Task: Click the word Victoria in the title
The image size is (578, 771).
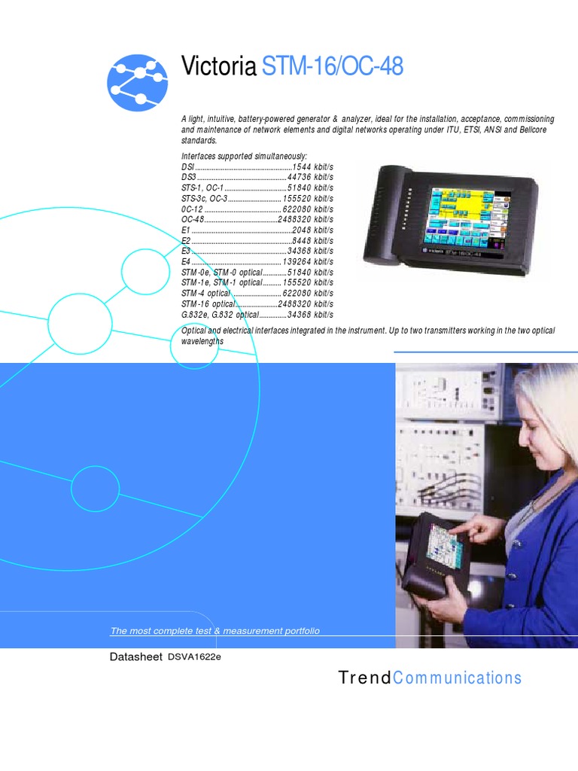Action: tap(218, 67)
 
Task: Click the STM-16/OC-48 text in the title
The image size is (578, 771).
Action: tap(332, 67)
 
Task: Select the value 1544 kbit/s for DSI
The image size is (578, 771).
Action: tap(312, 166)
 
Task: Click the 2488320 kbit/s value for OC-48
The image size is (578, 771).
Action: tap(306, 219)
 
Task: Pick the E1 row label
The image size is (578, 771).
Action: tap(185, 230)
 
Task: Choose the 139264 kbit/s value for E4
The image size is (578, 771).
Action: tap(308, 261)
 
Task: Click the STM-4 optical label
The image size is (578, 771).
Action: tap(205, 293)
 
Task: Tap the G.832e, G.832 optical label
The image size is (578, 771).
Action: tap(220, 314)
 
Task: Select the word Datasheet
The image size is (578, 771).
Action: tap(136, 657)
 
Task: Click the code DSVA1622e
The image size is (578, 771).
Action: tap(194, 657)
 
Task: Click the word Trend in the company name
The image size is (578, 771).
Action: tap(365, 678)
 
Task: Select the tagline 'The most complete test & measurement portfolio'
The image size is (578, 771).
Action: tap(214, 631)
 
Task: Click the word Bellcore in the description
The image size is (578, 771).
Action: tap(534, 130)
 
